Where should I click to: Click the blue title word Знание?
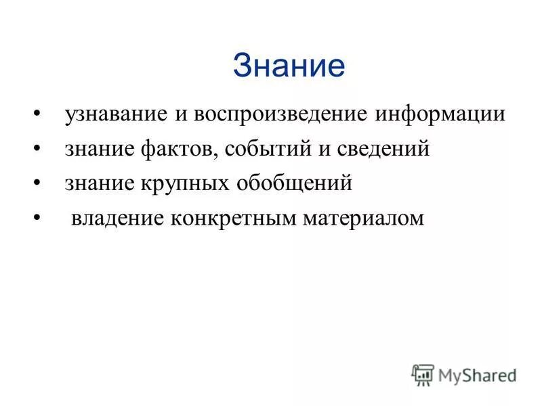click(x=289, y=66)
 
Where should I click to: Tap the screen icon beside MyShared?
click(x=423, y=374)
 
